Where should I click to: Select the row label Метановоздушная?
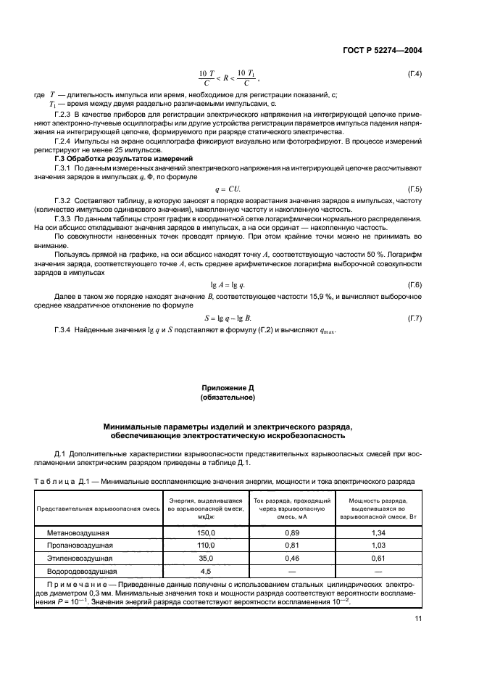[x=75, y=532]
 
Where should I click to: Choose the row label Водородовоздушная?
[x=78, y=572]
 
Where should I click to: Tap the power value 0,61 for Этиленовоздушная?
[x=377, y=559]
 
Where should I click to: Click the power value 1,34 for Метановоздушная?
[x=377, y=532]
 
